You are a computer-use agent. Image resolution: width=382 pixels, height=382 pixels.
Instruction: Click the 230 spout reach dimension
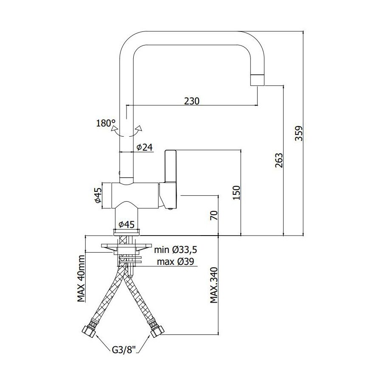[x=191, y=101]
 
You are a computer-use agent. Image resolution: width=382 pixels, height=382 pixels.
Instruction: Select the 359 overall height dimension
[x=298, y=133]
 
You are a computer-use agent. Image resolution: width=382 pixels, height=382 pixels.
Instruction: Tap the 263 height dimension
[x=279, y=160]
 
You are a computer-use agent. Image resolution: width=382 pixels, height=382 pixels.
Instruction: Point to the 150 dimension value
[x=236, y=193]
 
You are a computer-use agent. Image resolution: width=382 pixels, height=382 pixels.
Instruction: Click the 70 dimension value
[x=213, y=216]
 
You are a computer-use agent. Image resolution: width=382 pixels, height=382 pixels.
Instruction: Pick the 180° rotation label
[x=104, y=123]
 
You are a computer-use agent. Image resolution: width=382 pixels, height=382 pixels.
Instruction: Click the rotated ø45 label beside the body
[x=98, y=195]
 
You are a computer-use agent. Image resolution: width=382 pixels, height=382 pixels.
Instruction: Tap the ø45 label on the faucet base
[x=126, y=225]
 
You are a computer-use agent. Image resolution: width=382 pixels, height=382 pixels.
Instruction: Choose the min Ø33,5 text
[x=176, y=250]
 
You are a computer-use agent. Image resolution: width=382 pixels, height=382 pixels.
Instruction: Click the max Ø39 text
[x=175, y=261]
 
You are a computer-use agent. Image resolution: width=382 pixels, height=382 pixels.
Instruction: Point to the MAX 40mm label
[x=81, y=278]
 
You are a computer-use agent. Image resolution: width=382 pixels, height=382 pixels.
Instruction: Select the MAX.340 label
[x=213, y=285]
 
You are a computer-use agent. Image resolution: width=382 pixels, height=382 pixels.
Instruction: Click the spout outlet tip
[x=257, y=80]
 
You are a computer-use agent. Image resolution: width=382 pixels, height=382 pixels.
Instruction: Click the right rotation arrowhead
[x=140, y=128]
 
